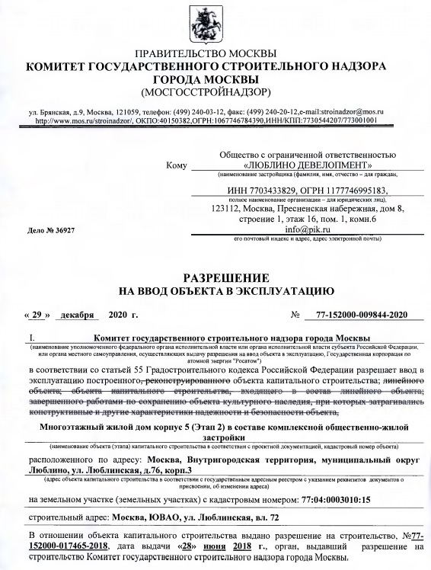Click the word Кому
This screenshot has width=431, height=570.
(x=175, y=164)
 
